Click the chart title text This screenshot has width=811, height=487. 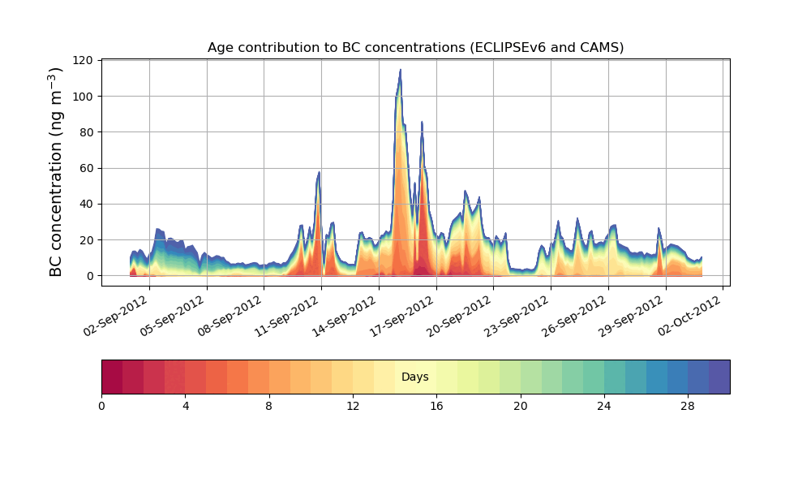coord(415,47)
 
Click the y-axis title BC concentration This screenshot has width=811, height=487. coord(56,172)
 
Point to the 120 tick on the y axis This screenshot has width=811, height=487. coord(83,60)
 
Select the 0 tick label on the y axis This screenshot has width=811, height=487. coord(89,276)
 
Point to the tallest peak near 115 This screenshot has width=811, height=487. coord(400,71)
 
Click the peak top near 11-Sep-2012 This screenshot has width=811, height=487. coord(320,172)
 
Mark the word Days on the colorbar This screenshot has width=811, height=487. coord(415,377)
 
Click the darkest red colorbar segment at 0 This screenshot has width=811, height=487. coord(112,377)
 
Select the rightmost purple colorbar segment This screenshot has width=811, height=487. coord(719,377)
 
